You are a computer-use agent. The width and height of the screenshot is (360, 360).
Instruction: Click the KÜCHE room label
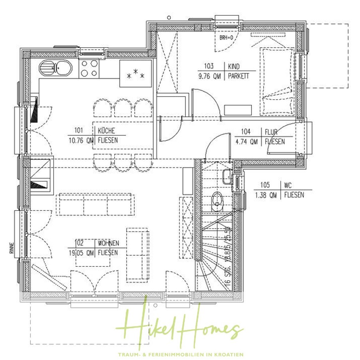(x=106, y=130)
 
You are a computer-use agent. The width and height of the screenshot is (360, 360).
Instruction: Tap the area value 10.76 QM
(x=81, y=140)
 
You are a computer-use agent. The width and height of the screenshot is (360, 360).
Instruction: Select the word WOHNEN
(x=109, y=243)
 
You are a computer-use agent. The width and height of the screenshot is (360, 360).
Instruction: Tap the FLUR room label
(x=270, y=132)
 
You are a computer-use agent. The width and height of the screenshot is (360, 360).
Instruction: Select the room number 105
(x=265, y=185)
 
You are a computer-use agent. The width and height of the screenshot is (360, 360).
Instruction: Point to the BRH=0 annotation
(x=226, y=38)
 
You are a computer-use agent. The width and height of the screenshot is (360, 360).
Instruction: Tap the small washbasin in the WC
(x=227, y=176)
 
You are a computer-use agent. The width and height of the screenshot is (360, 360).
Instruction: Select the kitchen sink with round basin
(x=56, y=68)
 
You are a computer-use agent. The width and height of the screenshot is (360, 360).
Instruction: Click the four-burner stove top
(x=90, y=68)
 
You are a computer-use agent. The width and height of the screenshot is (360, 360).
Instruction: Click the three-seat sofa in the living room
(x=95, y=204)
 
